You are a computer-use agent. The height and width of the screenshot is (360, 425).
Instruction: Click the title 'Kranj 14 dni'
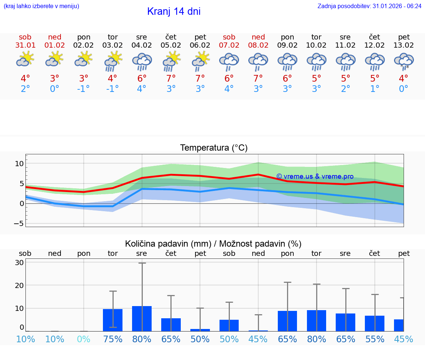pyautogui.click(x=174, y=11)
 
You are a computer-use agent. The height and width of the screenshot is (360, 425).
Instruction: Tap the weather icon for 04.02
pyautogui.click(x=142, y=61)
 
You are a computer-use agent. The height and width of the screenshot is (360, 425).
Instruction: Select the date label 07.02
pyautogui.click(x=229, y=45)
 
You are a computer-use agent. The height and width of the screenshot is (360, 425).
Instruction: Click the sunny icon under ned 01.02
pyautogui.click(x=55, y=59)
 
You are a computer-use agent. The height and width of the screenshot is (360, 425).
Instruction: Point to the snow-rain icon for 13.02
pyautogui.click(x=404, y=61)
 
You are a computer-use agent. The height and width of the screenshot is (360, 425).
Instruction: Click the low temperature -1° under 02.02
pyautogui.click(x=84, y=89)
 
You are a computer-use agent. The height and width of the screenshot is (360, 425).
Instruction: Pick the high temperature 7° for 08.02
pyautogui.click(x=258, y=79)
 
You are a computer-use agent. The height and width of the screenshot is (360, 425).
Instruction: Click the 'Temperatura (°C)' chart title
pyautogui.click(x=214, y=148)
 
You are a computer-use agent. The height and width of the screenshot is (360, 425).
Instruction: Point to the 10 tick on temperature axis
pyautogui.click(x=19, y=164)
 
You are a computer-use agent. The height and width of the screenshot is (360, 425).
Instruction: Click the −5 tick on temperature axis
pyautogui.click(x=19, y=223)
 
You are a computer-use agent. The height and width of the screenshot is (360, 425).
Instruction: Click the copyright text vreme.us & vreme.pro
pyautogui.click(x=315, y=176)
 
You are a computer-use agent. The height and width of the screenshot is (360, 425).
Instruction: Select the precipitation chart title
pyautogui.click(x=213, y=244)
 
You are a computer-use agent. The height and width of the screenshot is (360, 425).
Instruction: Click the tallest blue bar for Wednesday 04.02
pyautogui.click(x=142, y=318)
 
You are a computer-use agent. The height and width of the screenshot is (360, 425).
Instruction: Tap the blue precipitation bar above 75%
pyautogui.click(x=113, y=320)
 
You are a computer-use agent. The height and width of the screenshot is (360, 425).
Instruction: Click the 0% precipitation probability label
pyautogui.click(x=84, y=339)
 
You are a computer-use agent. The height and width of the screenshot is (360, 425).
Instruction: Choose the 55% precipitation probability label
pyautogui.click(x=375, y=339)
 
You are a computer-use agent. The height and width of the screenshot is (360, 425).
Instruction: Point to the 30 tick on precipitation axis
pyautogui.click(x=20, y=263)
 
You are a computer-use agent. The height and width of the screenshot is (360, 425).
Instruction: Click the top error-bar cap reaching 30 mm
pyautogui.click(x=142, y=263)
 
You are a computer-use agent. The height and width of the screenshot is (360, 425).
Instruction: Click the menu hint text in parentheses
pyautogui.click(x=41, y=6)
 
